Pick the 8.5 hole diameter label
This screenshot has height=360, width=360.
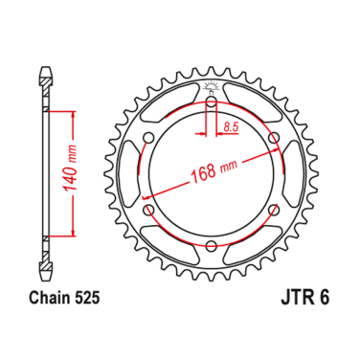tap(231, 125)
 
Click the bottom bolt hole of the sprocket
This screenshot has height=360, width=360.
tap(211, 248)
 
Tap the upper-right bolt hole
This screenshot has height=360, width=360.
tap(274, 140)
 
